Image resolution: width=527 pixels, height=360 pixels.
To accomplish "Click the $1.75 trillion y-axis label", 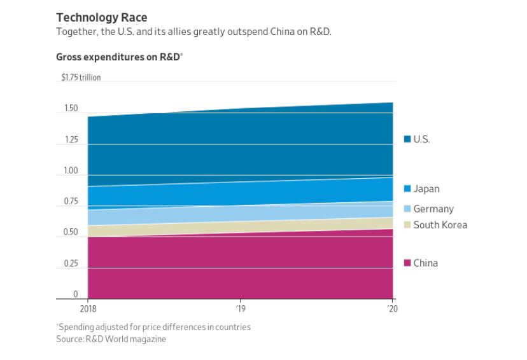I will point(81,78).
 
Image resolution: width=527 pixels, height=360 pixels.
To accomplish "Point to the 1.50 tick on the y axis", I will point(71,109).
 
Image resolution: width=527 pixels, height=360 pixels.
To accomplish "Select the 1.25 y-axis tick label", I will point(71,140).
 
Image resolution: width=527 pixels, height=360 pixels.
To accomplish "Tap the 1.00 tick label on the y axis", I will point(71,171).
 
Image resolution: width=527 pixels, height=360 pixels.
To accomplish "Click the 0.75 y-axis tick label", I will point(71,202).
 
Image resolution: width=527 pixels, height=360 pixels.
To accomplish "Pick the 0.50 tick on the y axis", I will point(71,233).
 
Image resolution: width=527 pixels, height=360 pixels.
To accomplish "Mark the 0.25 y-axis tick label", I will point(71,264).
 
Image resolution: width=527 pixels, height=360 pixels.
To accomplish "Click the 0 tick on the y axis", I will point(75,294).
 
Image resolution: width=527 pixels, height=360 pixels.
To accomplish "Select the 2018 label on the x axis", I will point(88,308).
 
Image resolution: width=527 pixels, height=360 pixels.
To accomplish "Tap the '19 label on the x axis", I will point(241,308).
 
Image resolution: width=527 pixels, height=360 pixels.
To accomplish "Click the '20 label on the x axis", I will point(393,308).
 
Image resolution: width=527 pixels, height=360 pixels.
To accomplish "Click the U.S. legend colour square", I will point(407,139).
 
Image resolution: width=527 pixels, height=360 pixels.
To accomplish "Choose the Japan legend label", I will point(426,189).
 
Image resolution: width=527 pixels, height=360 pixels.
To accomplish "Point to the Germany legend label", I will point(433,209).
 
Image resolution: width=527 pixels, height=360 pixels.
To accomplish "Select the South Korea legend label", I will point(440,225).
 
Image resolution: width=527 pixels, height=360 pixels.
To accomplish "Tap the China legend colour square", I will point(407,263).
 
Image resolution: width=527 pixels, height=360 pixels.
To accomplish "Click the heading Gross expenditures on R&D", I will point(118,57).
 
